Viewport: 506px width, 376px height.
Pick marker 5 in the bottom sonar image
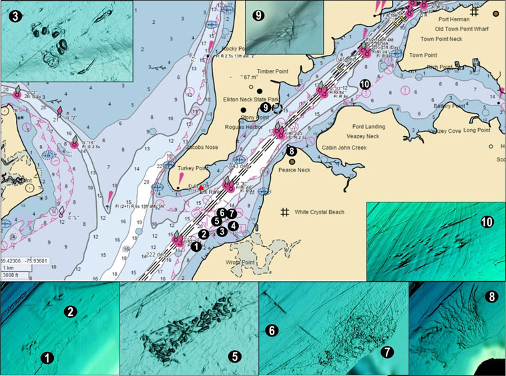[x=236, y=355]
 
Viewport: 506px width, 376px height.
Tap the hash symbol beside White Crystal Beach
[x=284, y=212]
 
